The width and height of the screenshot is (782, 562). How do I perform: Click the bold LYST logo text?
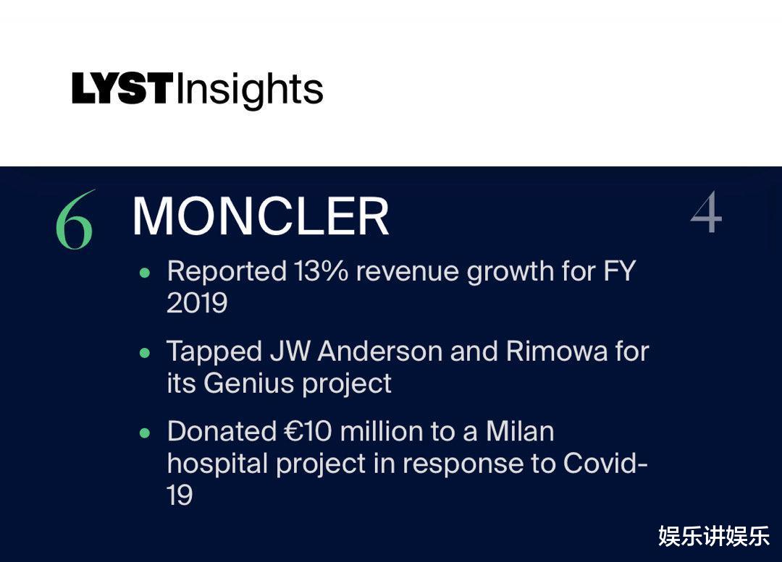122,88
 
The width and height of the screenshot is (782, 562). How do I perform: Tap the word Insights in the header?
250,90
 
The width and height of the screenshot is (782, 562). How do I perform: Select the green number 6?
75,219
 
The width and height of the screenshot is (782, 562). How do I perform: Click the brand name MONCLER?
261,216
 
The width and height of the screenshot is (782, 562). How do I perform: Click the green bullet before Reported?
145,273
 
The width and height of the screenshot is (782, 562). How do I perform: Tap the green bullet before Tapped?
145,353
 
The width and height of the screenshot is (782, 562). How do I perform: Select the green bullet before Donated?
145,433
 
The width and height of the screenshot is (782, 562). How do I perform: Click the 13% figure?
321,271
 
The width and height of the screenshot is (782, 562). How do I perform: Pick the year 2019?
197,303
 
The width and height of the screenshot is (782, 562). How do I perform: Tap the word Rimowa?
557,352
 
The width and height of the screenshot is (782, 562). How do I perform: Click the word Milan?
520,432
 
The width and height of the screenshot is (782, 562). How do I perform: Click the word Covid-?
605,464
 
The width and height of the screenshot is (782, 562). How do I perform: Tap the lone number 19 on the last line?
180,495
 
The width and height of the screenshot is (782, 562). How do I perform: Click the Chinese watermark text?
714,536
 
